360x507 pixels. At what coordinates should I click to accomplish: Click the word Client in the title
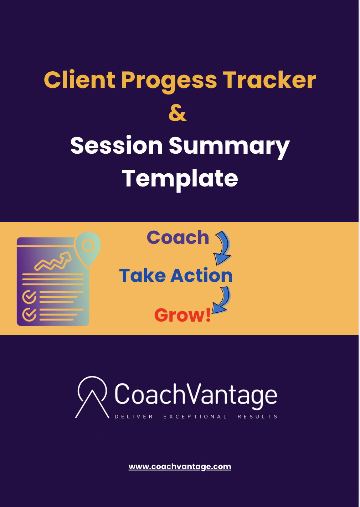point(79,80)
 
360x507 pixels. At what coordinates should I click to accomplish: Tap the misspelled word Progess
point(169,81)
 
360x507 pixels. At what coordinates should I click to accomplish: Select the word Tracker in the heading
point(269,80)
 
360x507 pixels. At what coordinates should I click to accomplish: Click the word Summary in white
point(229,146)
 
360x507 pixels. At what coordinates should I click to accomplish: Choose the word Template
point(180,178)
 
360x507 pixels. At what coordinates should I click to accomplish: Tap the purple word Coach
point(178,237)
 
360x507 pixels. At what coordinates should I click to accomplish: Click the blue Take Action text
point(176,276)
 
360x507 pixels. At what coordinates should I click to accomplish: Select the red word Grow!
point(182,315)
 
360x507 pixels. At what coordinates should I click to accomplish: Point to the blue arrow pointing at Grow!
point(221,301)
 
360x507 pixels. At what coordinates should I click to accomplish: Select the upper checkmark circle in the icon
point(29,296)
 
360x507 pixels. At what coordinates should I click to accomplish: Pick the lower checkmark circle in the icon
point(29,314)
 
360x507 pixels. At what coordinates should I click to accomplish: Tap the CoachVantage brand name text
point(196,395)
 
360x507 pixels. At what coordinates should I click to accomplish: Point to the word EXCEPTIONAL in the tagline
point(195,416)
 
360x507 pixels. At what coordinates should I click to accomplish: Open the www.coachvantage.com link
point(180,466)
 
